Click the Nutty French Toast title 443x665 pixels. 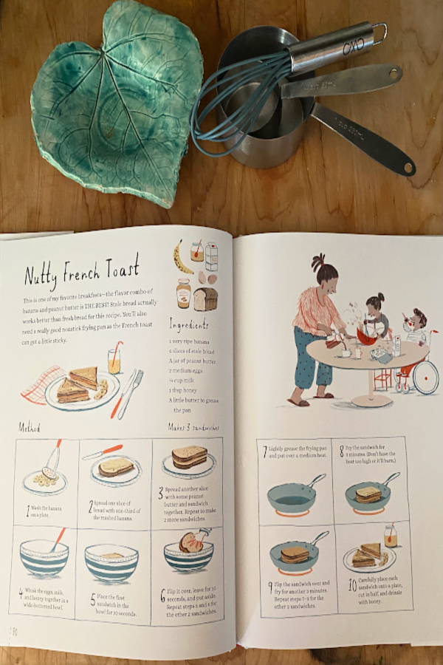[x=81, y=271]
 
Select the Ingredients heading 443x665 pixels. [x=189, y=324]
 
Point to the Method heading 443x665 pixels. [x=30, y=427]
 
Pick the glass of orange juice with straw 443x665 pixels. [x=114, y=360]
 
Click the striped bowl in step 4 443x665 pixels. [x=44, y=562]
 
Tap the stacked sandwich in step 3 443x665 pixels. [x=189, y=458]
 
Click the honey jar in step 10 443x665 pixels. [x=390, y=535]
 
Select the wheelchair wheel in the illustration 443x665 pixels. [x=424, y=377]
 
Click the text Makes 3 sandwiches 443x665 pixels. [x=194, y=428]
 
